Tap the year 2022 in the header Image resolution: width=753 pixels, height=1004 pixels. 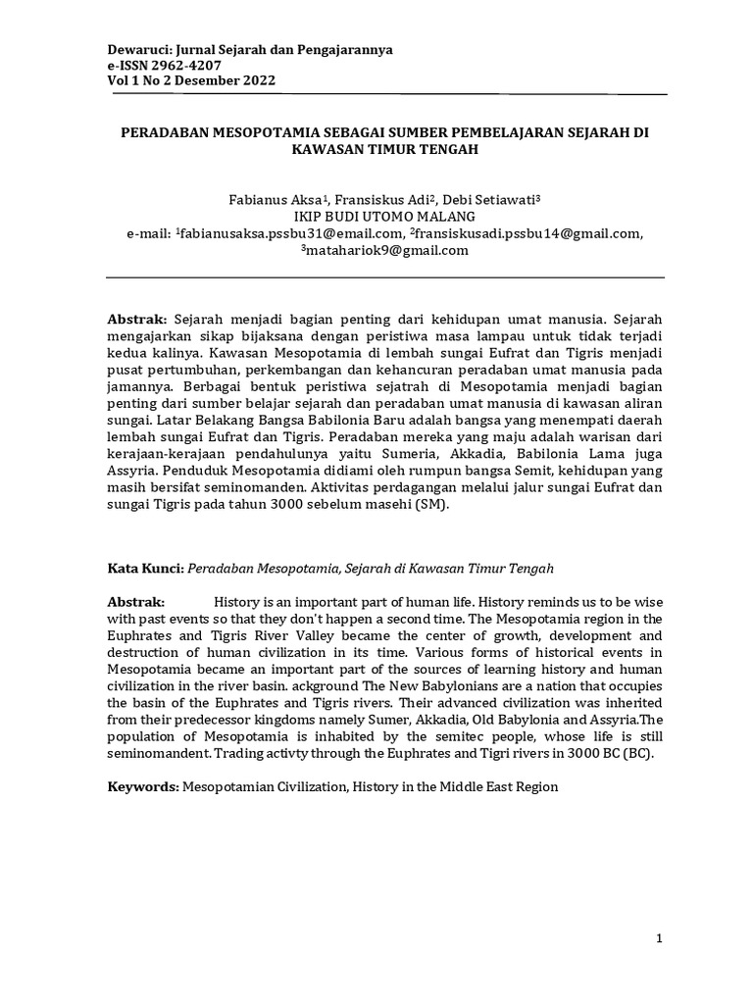click(257, 80)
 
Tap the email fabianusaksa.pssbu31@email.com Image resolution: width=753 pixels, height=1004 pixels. click(290, 233)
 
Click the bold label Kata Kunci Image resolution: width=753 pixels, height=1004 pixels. click(145, 568)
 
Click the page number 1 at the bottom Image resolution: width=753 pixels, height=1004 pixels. click(660, 939)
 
